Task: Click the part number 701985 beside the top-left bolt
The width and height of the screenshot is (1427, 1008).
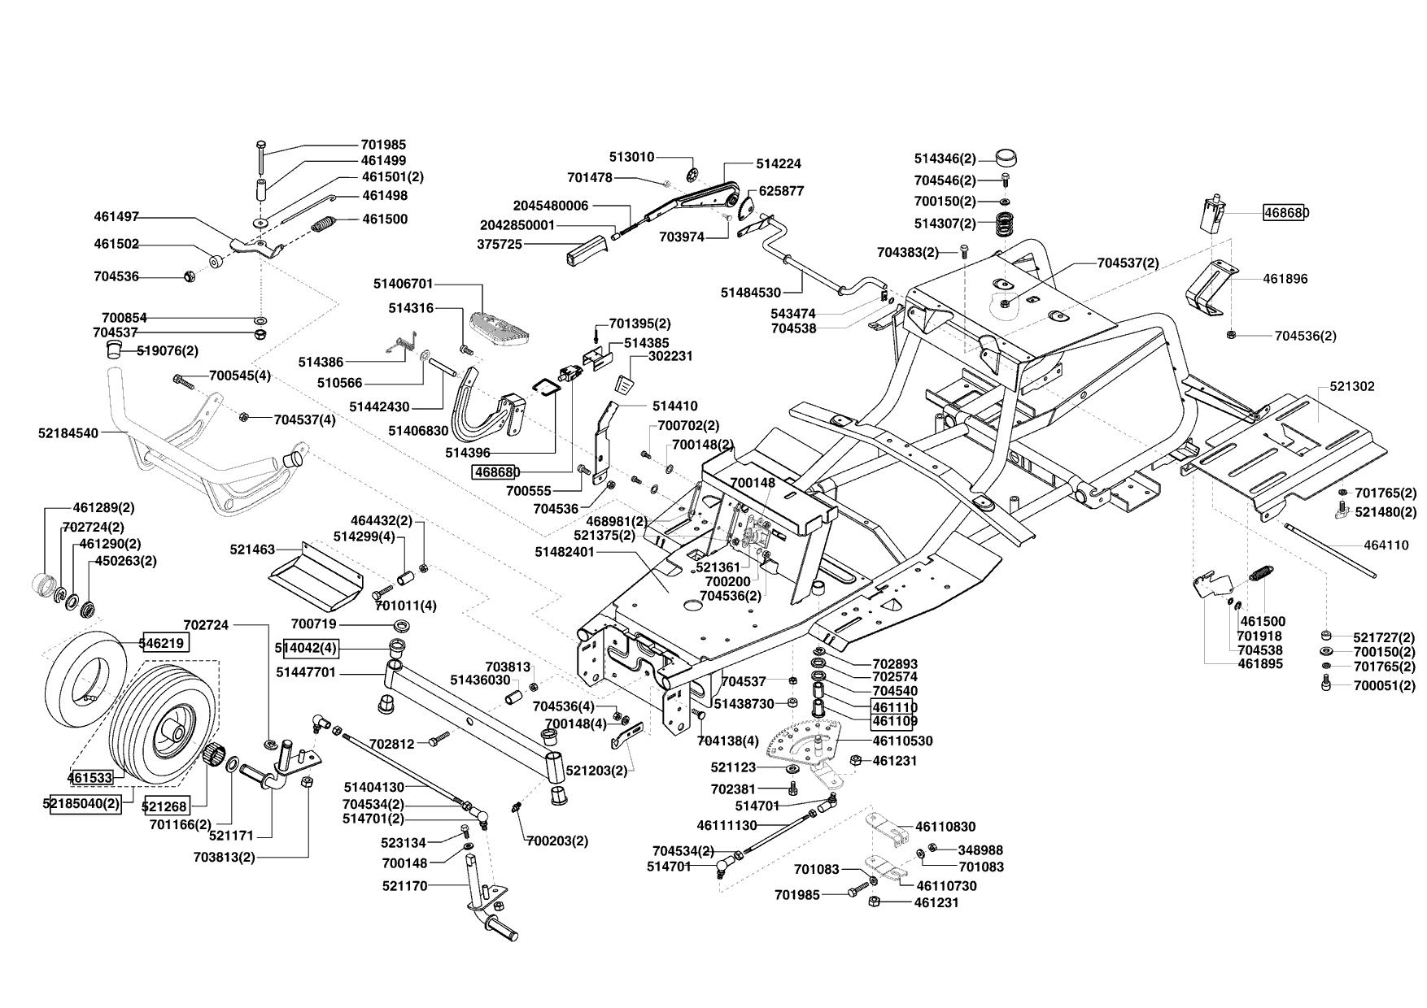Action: pyautogui.click(x=383, y=145)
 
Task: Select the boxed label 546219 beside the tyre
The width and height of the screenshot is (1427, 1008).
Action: pyautogui.click(x=166, y=643)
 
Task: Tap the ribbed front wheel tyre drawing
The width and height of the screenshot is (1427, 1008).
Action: pyautogui.click(x=164, y=720)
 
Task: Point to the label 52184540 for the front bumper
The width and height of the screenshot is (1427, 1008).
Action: pyautogui.click(x=68, y=433)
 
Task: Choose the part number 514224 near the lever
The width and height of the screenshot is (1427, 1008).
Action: pyautogui.click(x=779, y=163)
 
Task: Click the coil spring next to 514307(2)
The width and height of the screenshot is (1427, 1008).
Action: pyautogui.click(x=1003, y=222)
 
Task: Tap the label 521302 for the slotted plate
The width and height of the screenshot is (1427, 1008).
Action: pyautogui.click(x=1352, y=386)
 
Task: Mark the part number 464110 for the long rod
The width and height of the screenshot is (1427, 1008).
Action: pyautogui.click(x=1386, y=545)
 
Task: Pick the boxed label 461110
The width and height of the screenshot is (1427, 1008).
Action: pyautogui.click(x=894, y=706)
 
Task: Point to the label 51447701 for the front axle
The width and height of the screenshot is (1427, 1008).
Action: pyautogui.click(x=306, y=672)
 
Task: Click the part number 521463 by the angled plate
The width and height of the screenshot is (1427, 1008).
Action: pyautogui.click(x=252, y=550)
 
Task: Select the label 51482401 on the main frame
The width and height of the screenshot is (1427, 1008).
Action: pyautogui.click(x=565, y=552)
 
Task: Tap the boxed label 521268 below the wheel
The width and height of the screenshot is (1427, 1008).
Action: pyautogui.click(x=165, y=806)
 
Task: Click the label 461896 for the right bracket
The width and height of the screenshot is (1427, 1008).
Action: pyautogui.click(x=1285, y=279)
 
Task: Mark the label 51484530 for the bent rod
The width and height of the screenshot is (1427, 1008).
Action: pyautogui.click(x=751, y=293)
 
